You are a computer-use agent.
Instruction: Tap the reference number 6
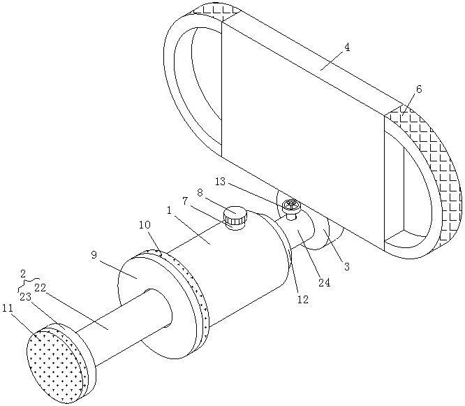[418, 89]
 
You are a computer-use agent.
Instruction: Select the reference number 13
[220, 181]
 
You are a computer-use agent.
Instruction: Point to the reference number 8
[200, 191]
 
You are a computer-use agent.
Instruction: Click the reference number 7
[186, 201]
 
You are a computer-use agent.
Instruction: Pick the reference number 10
[145, 225]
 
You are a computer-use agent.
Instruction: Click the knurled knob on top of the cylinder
[235, 217]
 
